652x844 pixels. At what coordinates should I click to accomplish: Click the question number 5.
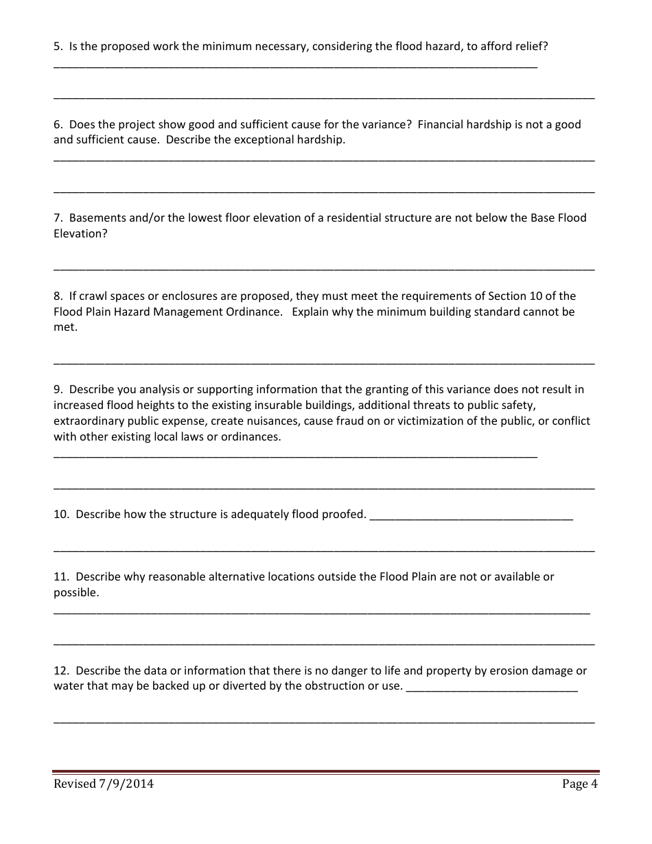(58, 47)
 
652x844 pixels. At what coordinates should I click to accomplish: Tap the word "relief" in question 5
(531, 47)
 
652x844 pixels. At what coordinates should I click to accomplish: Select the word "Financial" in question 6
(441, 125)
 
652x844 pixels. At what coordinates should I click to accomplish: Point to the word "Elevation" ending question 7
(79, 234)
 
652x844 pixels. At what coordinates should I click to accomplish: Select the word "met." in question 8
(66, 327)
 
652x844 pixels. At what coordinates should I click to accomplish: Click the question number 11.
(60, 577)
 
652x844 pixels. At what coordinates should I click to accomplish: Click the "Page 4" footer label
(579, 784)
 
